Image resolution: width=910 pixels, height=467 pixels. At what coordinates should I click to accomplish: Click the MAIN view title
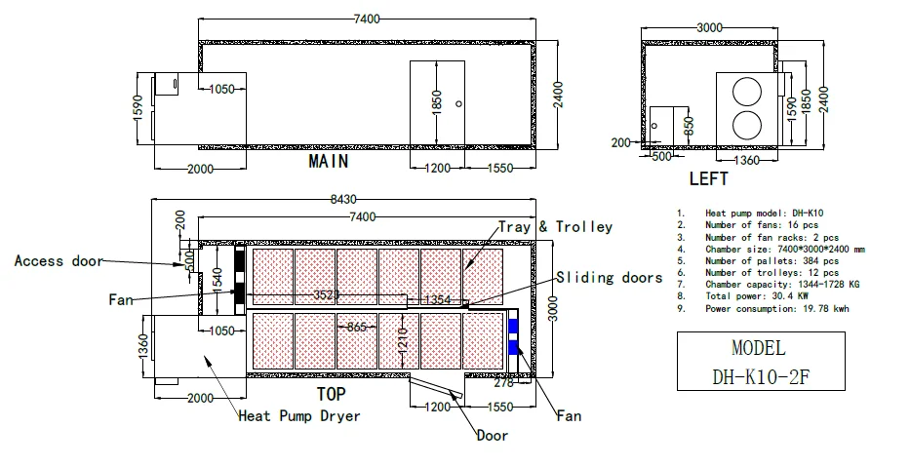pos(329,161)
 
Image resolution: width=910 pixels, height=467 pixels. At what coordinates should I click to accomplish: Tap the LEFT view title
pos(708,178)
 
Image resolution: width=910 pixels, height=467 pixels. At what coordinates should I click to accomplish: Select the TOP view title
pos(332,395)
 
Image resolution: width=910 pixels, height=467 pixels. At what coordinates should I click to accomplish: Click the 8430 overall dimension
pos(343,199)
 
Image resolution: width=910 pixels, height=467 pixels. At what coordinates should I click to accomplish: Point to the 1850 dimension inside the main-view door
pos(437,102)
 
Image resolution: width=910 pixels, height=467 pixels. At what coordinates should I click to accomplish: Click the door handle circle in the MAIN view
pos(459,104)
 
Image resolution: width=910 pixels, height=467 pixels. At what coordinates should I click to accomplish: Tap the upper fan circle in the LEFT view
pos(746,92)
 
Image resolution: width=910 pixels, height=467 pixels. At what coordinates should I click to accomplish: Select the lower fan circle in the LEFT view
pos(746,126)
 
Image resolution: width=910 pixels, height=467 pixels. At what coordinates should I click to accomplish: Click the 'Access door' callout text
pos(59,261)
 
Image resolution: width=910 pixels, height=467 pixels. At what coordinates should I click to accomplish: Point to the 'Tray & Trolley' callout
pos(555,226)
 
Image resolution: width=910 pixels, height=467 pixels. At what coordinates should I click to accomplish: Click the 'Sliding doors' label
pos(610,278)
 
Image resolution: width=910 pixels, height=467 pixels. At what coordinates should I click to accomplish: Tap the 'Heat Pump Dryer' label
pos(299,416)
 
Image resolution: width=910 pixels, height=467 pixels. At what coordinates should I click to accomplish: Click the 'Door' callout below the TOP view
pos(493,435)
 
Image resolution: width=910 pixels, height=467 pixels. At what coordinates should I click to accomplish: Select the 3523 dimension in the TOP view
pos(326,294)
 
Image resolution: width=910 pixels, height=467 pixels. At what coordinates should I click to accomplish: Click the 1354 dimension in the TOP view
pos(438,299)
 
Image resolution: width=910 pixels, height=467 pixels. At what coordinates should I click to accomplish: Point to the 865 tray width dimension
pos(356,328)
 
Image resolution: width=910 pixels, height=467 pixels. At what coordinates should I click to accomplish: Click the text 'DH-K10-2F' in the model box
pos(760,377)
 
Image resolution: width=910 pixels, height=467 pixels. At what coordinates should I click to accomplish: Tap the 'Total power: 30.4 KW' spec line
pos(757,295)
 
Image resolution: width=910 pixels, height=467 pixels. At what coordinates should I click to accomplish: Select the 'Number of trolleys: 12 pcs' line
pos(772,273)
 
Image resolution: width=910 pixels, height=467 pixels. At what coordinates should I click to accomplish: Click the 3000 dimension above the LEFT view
pos(709,27)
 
